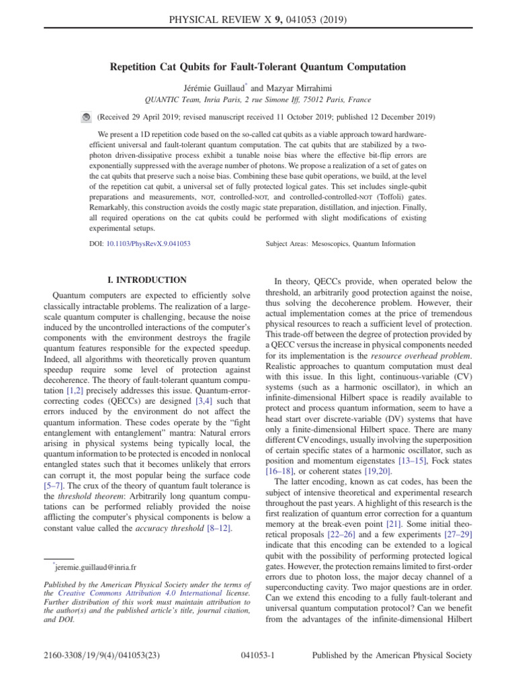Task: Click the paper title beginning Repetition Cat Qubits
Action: coord(258,67)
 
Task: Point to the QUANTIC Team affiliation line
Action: coord(258,99)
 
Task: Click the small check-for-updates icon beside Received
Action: coord(85,117)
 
